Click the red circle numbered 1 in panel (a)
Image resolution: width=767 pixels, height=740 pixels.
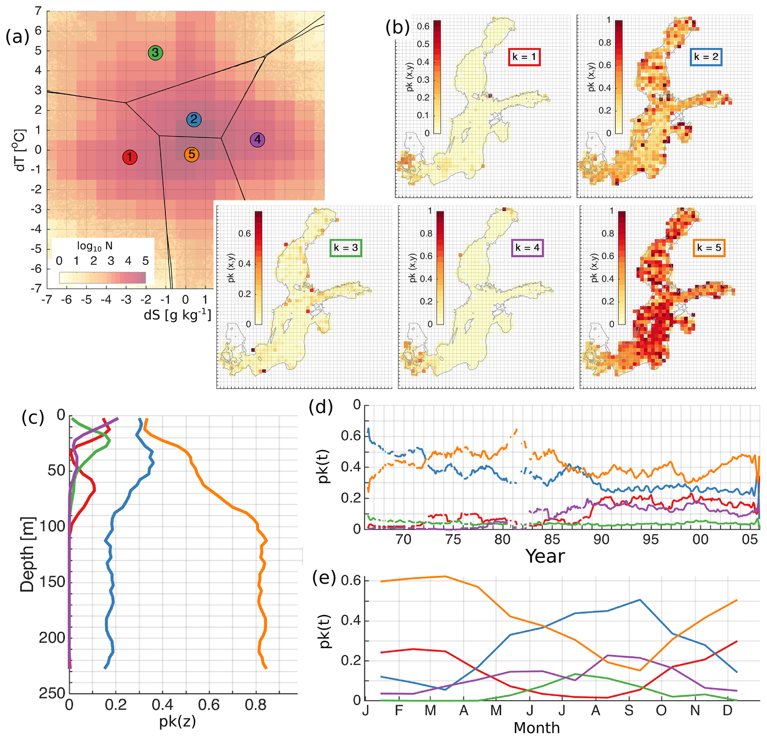pyautogui.click(x=130, y=157)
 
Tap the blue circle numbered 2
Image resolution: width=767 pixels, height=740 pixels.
pyautogui.click(x=194, y=120)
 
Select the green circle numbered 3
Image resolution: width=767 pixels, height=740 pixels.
pyautogui.click(x=155, y=52)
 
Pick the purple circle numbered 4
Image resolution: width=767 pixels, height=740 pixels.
pyautogui.click(x=258, y=139)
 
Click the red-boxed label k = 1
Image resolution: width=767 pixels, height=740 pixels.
pyautogui.click(x=524, y=57)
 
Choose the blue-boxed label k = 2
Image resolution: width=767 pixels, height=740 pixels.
pyautogui.click(x=706, y=57)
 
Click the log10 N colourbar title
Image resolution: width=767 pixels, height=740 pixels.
pyautogui.click(x=95, y=246)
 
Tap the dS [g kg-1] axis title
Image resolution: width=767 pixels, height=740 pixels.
pyautogui.click(x=177, y=315)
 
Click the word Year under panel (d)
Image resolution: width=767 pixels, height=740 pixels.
pyautogui.click(x=545, y=556)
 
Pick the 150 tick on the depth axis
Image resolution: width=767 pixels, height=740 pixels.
pyautogui.click(x=52, y=582)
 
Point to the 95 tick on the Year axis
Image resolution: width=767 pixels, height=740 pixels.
pyautogui.click(x=650, y=540)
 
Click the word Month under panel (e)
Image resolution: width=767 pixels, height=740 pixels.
pyautogui.click(x=537, y=728)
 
